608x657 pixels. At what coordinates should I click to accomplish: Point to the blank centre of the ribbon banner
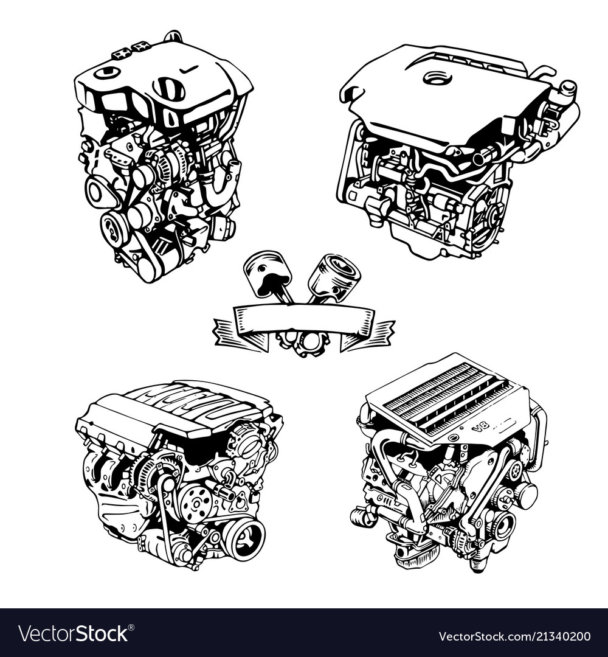(304, 318)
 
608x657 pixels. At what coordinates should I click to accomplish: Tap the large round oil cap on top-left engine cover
(168, 89)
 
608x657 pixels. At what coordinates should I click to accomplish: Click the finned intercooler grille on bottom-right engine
(444, 396)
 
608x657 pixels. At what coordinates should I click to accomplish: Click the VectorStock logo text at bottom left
(73, 634)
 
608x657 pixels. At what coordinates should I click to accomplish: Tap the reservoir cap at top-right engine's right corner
(568, 88)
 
